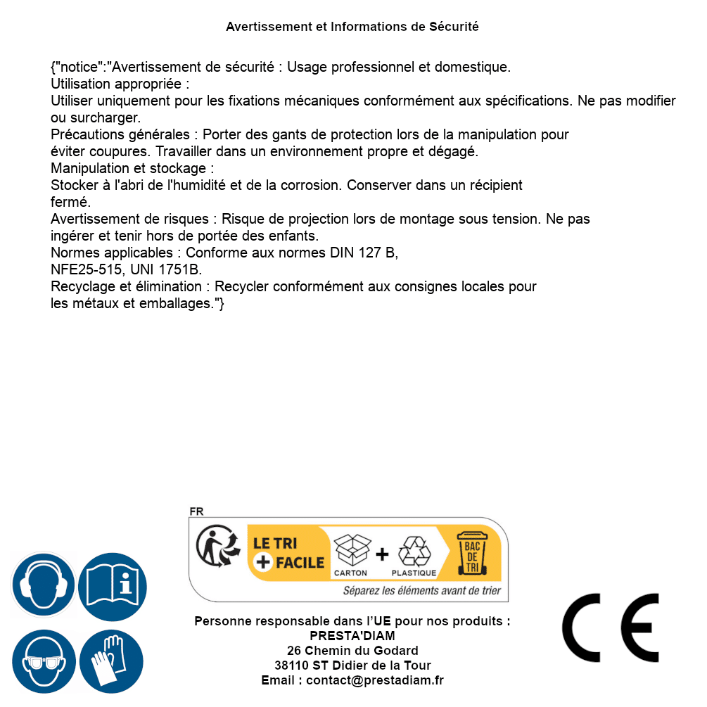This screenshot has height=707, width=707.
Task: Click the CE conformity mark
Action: point(610,628)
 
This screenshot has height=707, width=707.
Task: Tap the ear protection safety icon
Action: point(43,585)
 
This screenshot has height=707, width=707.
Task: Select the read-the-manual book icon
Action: point(113,585)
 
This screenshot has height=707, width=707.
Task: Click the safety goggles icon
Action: point(43,662)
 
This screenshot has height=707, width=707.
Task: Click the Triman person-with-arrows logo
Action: point(216,548)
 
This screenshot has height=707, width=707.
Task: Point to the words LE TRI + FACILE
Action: point(289,553)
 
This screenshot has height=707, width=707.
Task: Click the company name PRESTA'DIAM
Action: point(352,636)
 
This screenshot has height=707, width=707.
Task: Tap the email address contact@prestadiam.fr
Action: point(375,680)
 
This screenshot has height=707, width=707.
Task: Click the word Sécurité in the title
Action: point(454,27)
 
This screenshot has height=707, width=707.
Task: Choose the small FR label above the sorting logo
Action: point(196,511)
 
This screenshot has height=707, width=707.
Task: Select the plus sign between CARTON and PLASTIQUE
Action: point(382,554)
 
